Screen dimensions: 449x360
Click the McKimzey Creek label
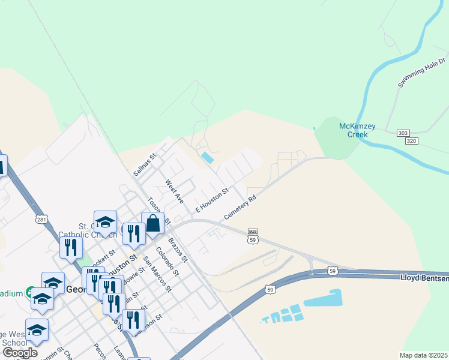coord(358,130)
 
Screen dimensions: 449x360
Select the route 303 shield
coord(403,133)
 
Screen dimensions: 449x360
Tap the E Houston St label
coord(212,201)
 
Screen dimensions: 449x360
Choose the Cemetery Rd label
coord(240,207)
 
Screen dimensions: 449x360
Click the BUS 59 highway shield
coord(253,236)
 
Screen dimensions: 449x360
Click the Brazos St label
coord(178,249)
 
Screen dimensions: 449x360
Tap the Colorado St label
coord(167,261)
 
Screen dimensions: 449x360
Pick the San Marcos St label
coord(157,274)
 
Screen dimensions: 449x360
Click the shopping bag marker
coord(153,224)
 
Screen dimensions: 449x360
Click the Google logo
coord(20,352)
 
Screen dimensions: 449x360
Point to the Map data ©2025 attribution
coord(423,355)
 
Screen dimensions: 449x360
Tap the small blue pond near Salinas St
coord(207,158)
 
